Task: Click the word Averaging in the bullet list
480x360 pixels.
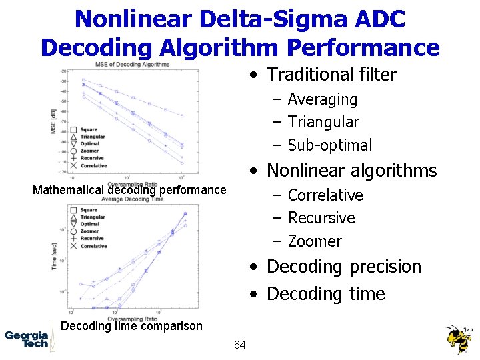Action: (x=323, y=99)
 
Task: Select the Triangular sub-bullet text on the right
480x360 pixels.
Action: (x=323, y=122)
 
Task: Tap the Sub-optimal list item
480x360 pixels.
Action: (x=330, y=145)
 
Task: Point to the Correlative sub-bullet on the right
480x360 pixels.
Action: (x=325, y=195)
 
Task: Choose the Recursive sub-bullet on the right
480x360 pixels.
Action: (x=321, y=218)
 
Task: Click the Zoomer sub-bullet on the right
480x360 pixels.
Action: (x=315, y=241)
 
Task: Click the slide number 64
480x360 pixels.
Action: (x=240, y=345)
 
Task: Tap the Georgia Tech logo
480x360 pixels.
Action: (x=27, y=339)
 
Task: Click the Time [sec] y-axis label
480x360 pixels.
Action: (x=54, y=256)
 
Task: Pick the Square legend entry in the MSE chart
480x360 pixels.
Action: (x=89, y=129)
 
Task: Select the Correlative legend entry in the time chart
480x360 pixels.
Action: (x=93, y=246)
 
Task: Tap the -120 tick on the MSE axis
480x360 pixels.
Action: (x=63, y=172)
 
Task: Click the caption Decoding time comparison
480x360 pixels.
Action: (x=131, y=326)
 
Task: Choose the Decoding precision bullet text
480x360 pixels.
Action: (x=344, y=267)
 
